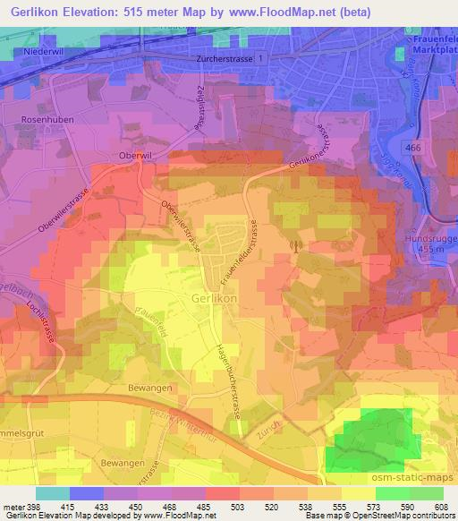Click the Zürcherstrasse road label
point(223,57)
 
